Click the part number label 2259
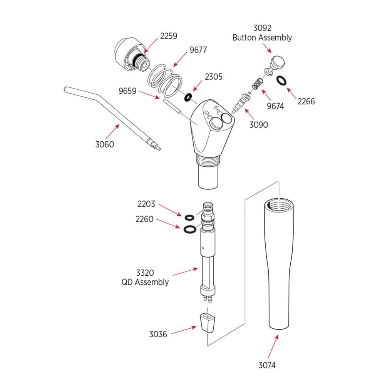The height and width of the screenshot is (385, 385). click(169, 36)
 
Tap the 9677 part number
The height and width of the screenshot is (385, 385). click(198, 50)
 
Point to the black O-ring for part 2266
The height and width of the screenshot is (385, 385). click(282, 80)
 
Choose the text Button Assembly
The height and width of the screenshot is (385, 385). click(262, 38)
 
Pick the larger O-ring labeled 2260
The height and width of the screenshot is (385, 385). click(189, 229)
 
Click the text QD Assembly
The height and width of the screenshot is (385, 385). click(145, 282)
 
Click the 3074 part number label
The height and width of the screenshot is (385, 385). click(266, 365)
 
